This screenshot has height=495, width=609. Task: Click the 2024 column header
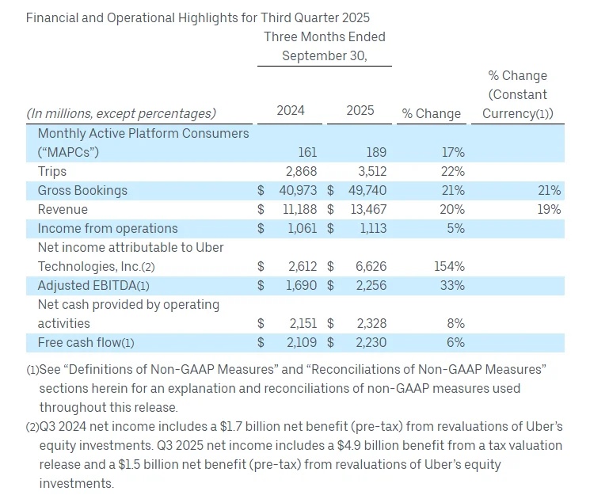291,111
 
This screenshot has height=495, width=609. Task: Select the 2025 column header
360,111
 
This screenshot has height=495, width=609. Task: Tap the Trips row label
52,171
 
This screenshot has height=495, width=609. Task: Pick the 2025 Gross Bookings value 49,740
367,190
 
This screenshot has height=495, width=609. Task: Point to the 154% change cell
448,266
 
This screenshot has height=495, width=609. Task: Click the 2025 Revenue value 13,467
367,209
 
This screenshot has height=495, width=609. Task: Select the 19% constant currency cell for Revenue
549,209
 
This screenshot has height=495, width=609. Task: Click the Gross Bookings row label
82,190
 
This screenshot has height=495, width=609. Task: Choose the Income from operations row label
97,228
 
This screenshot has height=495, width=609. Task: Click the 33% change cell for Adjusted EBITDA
452,285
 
